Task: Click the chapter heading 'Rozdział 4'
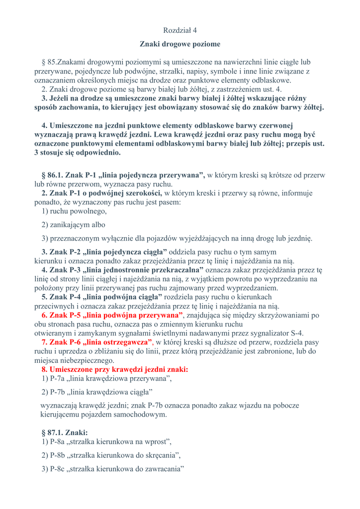pos(180,30)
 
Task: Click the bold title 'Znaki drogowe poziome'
pos(180,44)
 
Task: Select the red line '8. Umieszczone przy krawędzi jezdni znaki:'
pos(115,369)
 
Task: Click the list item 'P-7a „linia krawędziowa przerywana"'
pos(107,379)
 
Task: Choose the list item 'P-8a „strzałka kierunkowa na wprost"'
pos(107,441)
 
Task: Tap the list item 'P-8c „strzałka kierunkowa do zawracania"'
pos(113,469)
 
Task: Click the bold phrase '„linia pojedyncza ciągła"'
pos(126,252)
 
